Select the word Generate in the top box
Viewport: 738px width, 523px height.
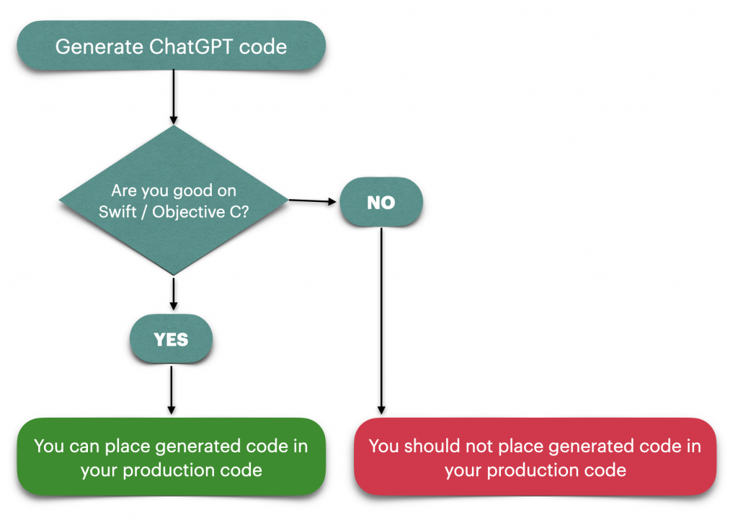[99, 47]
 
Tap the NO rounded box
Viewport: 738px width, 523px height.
[381, 202]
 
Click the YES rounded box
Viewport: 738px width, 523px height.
[171, 339]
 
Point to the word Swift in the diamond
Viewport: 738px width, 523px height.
[117, 212]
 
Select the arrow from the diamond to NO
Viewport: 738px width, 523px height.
[313, 201]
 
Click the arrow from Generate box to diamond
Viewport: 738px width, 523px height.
[174, 97]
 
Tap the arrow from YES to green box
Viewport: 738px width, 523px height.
[172, 390]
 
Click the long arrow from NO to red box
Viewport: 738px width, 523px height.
[381, 321]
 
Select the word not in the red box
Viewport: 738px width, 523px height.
[479, 447]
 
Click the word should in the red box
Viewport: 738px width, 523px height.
[432, 446]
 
